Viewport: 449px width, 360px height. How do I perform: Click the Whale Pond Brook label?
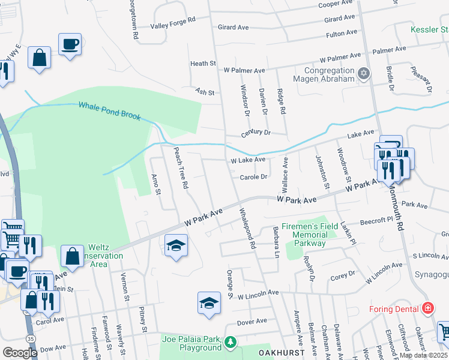[x=110, y=110]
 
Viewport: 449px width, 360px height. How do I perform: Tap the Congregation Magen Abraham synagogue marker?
[x=363, y=74]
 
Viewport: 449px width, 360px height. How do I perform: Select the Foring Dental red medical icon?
[x=427, y=309]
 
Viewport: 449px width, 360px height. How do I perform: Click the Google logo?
[x=20, y=353]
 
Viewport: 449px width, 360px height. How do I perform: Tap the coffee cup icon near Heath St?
[x=70, y=44]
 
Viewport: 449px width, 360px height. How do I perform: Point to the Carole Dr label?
[x=254, y=177]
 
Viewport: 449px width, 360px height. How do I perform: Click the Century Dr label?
[x=256, y=133]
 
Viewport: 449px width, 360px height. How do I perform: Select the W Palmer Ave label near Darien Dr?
[x=244, y=70]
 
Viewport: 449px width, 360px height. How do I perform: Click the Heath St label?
[x=203, y=63]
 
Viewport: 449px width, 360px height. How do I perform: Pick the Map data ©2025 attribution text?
[x=424, y=355]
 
